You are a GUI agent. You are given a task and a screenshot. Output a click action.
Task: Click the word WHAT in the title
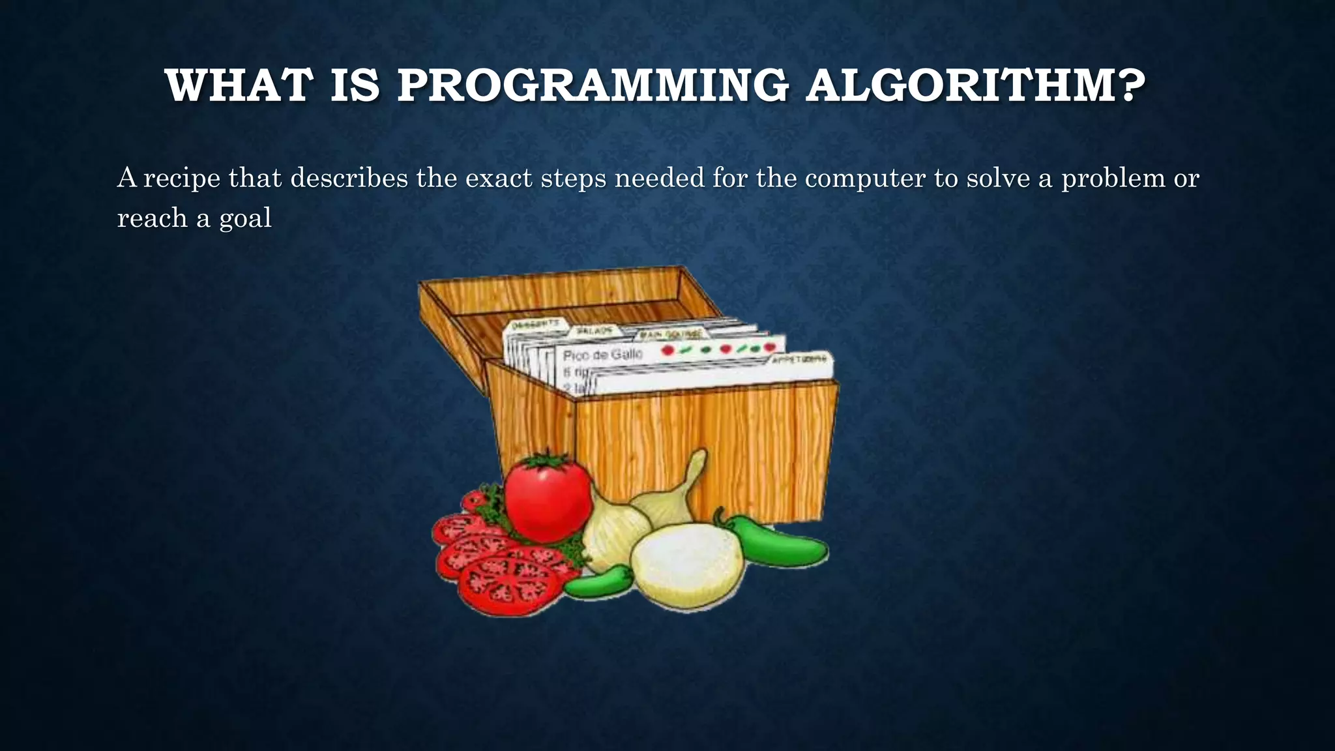[x=239, y=85]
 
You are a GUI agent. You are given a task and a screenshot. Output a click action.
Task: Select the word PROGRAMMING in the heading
[x=593, y=85]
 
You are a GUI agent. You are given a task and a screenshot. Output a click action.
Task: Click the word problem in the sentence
[x=1113, y=179]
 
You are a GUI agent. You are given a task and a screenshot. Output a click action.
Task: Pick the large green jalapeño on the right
[x=776, y=542]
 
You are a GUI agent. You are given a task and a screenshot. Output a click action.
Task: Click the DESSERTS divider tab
[x=536, y=324]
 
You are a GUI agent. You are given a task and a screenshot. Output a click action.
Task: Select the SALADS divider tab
[x=595, y=331]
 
